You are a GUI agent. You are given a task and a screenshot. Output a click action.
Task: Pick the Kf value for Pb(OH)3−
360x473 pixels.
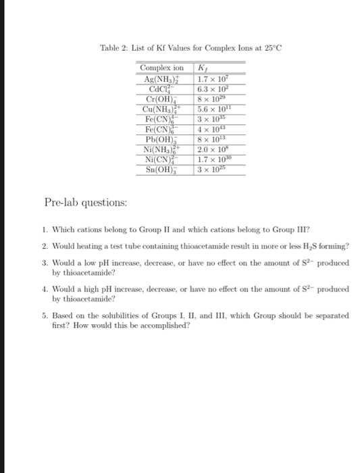pyautogui.click(x=210, y=139)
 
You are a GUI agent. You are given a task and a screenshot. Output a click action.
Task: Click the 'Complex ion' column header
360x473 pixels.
pyautogui.click(x=161, y=68)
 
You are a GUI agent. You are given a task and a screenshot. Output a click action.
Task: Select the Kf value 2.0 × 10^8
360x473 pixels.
pyautogui.click(x=210, y=149)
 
